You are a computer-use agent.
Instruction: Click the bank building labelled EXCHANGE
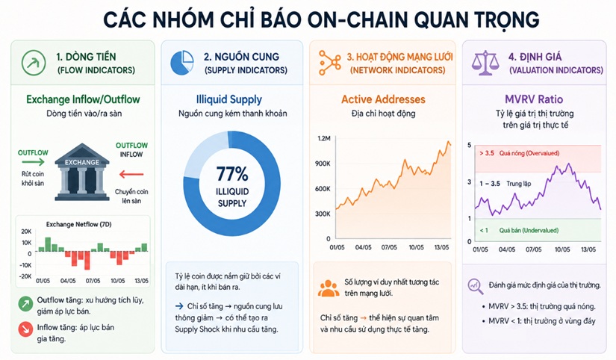pos(81,172)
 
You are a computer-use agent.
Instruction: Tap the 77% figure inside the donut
pos(232,174)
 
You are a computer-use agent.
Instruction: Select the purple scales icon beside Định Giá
pos(485,63)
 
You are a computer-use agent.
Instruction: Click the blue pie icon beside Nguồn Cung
pos(182,63)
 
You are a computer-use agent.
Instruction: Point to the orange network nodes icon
pos(329,63)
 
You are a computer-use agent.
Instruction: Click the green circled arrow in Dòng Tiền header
pos(34,63)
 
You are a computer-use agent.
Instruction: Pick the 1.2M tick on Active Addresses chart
pos(324,138)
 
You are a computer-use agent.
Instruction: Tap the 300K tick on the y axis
pos(323,214)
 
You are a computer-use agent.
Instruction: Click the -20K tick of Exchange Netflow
pos(26,276)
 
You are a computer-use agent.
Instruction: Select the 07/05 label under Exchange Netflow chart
pos(93,281)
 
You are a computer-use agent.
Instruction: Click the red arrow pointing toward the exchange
pos(131,174)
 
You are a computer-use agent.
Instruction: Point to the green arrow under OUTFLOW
pos(34,161)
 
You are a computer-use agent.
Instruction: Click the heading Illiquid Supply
pos(229,99)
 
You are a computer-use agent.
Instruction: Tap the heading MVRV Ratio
pos(534,99)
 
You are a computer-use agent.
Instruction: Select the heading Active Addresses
pos(383,99)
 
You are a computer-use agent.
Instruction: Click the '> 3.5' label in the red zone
pos(487,153)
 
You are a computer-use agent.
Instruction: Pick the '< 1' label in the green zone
pos(484,230)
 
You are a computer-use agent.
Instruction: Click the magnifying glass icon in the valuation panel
pos(476,286)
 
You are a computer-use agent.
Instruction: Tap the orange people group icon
pos(329,288)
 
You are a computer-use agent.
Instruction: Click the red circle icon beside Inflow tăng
pos(25,329)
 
